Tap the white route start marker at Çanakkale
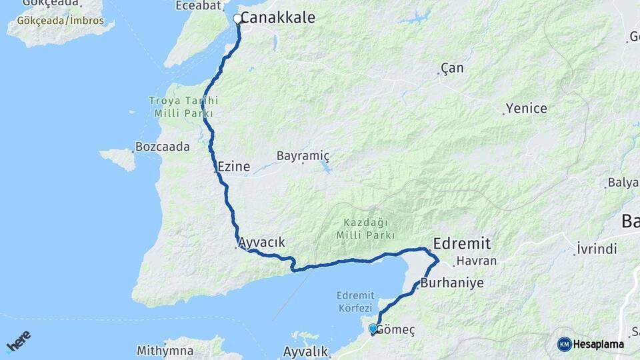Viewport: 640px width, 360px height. pyautogui.click(x=237, y=19)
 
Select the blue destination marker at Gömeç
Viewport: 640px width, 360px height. pyautogui.click(x=373, y=329)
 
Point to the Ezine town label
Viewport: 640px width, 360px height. pyautogui.click(x=233, y=167)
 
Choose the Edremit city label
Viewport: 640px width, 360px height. pyautogui.click(x=461, y=243)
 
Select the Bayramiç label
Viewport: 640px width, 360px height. pyautogui.click(x=303, y=156)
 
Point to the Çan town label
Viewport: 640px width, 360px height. pyautogui.click(x=452, y=68)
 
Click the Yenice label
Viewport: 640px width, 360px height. pyautogui.click(x=526, y=108)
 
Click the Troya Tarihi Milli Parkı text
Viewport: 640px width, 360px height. pyautogui.click(x=183, y=107)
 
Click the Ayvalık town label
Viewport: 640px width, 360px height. pyautogui.click(x=307, y=351)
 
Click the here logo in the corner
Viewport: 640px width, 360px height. pyautogui.click(x=19, y=343)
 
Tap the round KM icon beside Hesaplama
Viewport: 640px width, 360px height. pyautogui.click(x=564, y=344)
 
